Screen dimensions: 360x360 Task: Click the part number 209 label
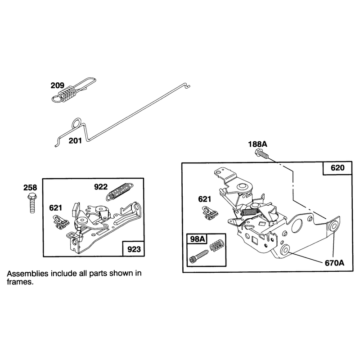[x=57, y=85]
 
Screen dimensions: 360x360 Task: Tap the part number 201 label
[x=75, y=140]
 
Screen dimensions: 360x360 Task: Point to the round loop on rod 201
[x=76, y=123]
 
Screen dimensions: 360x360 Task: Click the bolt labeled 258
[x=31, y=203]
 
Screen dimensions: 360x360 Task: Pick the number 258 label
[x=30, y=188]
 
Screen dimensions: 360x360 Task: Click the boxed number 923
[x=134, y=249]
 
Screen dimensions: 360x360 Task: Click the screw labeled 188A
[x=261, y=153]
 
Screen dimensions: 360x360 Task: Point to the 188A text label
[x=257, y=144]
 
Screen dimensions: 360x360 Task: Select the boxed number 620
[x=337, y=168]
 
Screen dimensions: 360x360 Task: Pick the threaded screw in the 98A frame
[x=198, y=256]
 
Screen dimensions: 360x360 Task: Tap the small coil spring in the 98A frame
[x=217, y=245]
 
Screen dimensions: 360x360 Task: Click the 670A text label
[x=334, y=263]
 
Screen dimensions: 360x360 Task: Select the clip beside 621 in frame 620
[x=210, y=213]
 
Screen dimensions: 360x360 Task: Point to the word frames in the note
[x=20, y=282]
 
